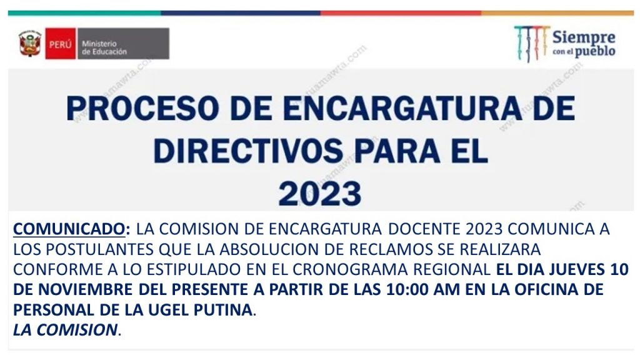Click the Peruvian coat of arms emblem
30,44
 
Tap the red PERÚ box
61,44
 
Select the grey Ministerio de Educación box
123,44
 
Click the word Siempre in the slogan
584,37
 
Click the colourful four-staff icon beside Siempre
532,44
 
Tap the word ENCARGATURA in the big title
402,109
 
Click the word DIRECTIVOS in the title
248,151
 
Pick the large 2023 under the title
320,193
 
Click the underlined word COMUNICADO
69,229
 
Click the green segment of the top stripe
84,13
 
